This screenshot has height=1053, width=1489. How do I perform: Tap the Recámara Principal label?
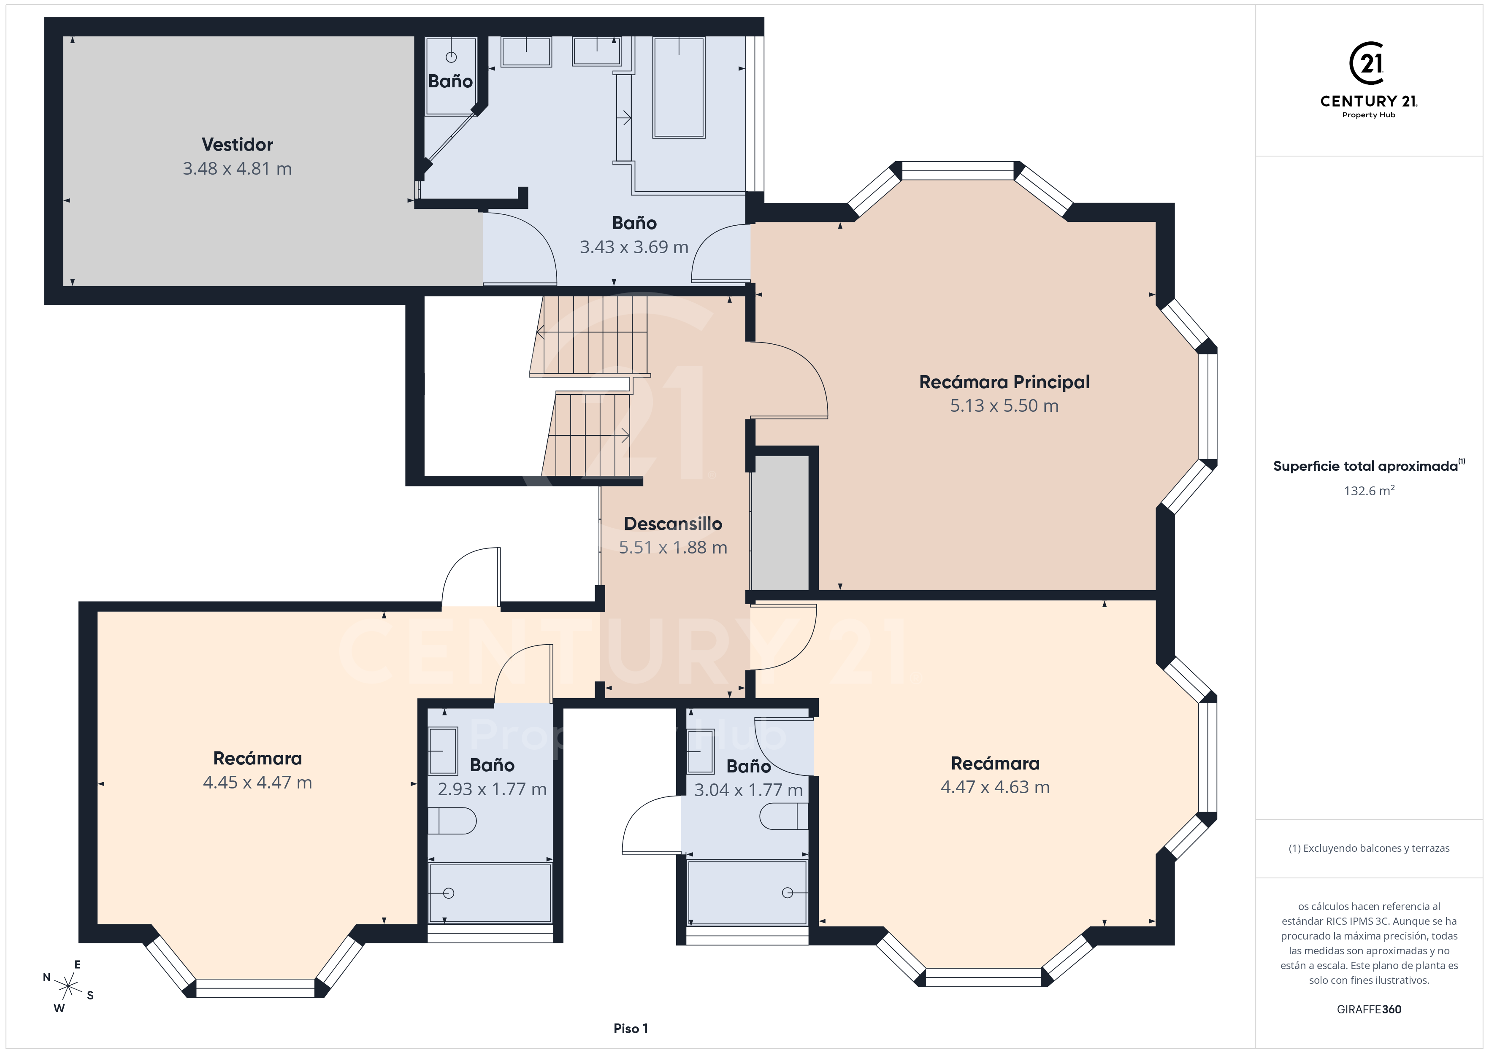[1004, 382]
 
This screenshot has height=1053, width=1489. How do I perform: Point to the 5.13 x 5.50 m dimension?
[1004, 406]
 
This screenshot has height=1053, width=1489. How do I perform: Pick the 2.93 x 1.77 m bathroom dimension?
[492, 789]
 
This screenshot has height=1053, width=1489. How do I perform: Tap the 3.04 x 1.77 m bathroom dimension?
[748, 790]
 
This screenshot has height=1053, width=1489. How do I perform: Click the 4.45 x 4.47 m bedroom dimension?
[257, 783]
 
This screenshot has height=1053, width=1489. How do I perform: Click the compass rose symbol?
[68, 987]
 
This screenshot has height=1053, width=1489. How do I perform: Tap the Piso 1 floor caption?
[631, 1029]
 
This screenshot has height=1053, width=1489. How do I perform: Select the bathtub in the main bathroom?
[678, 87]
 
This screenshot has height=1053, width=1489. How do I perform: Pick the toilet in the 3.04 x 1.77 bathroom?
[783, 816]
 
